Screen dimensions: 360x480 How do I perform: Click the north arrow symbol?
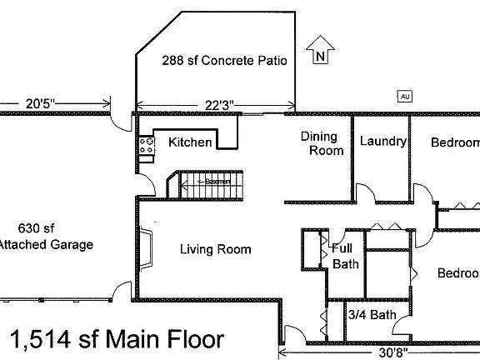[x=319, y=51]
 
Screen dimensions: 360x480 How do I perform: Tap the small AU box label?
[x=406, y=96]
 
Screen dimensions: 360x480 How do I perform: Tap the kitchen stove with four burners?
[x=147, y=148]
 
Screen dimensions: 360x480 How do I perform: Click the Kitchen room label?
[x=190, y=142]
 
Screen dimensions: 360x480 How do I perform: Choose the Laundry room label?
[x=382, y=142]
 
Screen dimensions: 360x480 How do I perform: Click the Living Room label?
[x=216, y=248]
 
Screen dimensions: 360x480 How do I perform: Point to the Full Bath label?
[x=343, y=256]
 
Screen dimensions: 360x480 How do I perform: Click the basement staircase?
[x=198, y=182]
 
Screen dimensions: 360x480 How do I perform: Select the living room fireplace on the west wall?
[x=147, y=247]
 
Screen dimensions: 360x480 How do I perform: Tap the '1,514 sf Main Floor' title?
[x=117, y=339]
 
